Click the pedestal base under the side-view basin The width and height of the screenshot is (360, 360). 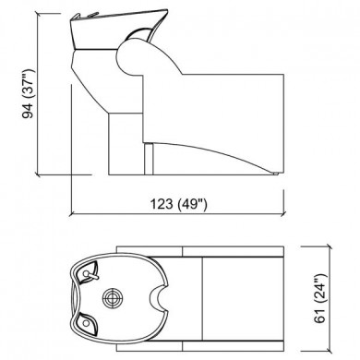coord(126,138)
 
